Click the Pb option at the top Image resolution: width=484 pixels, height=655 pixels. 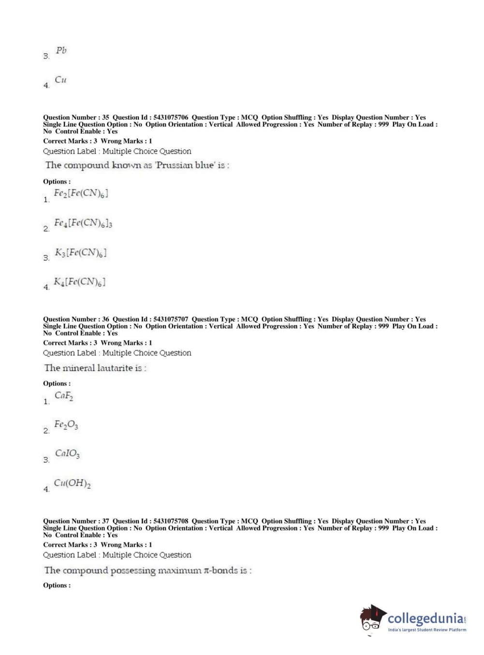pyautogui.click(x=61, y=51)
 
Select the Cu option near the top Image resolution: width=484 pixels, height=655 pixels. pyautogui.click(x=60, y=80)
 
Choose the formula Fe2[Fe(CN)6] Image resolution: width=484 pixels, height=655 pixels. pyautogui.click(x=81, y=194)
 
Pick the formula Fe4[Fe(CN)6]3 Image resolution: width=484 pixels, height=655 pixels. pyautogui.click(x=83, y=223)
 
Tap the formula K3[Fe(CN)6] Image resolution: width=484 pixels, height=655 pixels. pyautogui.click(x=80, y=253)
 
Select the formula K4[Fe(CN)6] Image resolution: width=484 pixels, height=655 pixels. pyautogui.click(x=79, y=282)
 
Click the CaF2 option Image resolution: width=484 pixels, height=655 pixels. pyautogui.click(x=64, y=396)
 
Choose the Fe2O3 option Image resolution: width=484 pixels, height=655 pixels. pyautogui.click(x=66, y=425)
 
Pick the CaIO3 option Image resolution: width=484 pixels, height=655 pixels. pyautogui.click(x=67, y=454)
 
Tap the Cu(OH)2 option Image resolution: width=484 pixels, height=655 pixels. pyautogui.click(x=72, y=484)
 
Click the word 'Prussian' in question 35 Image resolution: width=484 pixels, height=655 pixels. pyautogui.click(x=174, y=165)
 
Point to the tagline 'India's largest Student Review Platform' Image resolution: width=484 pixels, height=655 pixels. pyautogui.click(x=427, y=630)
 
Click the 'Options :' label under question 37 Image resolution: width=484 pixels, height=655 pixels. pyautogui.click(x=57, y=585)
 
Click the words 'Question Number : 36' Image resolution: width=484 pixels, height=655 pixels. pyautogui.click(x=76, y=319)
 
